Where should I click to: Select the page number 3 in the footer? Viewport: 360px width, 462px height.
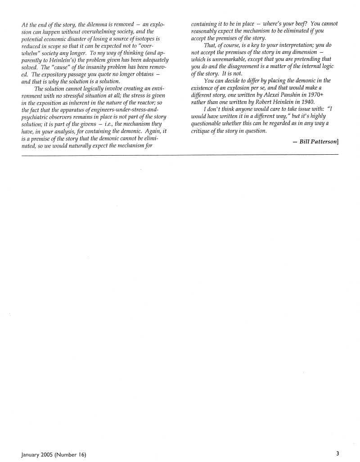(x=337, y=453)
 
